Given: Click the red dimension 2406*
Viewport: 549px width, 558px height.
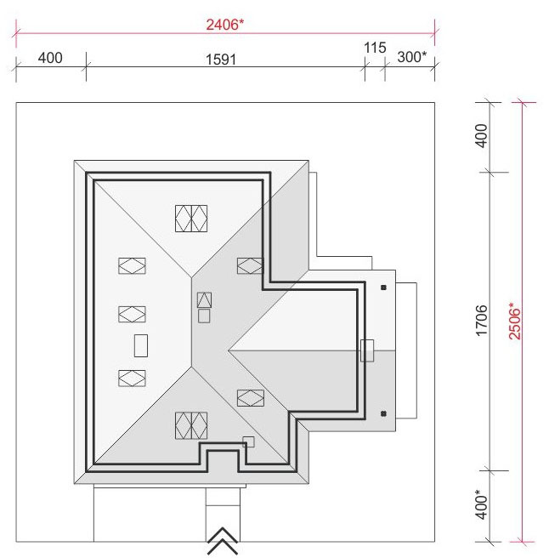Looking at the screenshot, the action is point(225,25).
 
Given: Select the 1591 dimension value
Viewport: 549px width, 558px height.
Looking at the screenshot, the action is point(221,59).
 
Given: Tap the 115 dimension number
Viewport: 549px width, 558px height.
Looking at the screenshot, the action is point(375,48).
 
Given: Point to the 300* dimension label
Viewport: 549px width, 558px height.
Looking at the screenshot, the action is point(411,57).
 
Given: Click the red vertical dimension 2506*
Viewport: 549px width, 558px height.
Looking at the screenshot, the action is point(514,321).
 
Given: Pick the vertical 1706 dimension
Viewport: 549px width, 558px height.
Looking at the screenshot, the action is point(481,321).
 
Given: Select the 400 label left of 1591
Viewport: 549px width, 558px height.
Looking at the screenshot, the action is point(50,58).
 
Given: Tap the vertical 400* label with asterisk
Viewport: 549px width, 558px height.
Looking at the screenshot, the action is point(481,504).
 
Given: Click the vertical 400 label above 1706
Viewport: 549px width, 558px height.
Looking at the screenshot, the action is point(481,135).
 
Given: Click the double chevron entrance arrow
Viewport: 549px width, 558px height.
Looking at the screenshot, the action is point(223,540).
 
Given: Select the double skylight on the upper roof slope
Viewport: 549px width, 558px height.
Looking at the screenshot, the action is point(191,219).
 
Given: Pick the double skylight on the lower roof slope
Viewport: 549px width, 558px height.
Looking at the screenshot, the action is point(191,425).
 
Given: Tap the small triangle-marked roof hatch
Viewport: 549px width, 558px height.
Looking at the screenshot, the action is point(204,299).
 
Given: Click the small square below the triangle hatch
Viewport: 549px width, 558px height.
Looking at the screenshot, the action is point(204,316).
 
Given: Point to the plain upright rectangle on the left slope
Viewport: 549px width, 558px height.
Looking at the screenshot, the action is point(141,345).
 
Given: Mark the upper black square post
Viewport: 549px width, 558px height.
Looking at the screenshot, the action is point(383,288).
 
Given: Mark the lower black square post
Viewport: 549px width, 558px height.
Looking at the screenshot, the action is point(383,413).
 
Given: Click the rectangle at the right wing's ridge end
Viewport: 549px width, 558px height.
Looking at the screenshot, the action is point(367,350).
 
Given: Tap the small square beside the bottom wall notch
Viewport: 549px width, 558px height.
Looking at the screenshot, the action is point(248,442).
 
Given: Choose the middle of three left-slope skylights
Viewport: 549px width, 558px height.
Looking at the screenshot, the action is point(132,314).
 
